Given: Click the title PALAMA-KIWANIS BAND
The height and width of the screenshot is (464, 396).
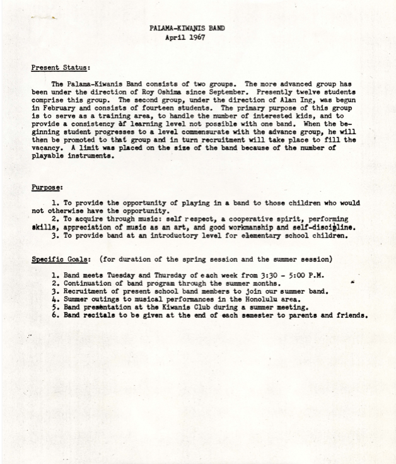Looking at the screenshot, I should [x=187, y=28].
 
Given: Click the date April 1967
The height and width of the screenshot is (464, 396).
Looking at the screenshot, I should [x=185, y=37].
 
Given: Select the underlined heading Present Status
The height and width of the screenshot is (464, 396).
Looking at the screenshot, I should [x=61, y=67].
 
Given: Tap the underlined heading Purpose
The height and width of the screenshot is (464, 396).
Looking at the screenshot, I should [x=47, y=187].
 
